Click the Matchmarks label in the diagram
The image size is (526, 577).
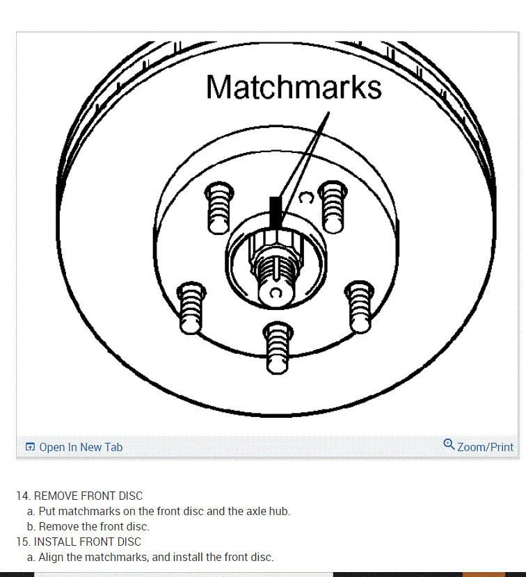294,88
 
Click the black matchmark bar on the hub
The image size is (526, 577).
276,211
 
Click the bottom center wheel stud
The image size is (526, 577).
276,346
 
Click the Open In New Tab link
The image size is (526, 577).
81,447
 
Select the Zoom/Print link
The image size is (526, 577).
485,447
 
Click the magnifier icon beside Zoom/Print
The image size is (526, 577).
449,444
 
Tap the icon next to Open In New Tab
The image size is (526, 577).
30,447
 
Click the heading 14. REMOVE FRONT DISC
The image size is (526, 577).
79,496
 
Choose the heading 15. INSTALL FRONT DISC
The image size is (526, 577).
79,542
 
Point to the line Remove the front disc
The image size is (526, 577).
94,526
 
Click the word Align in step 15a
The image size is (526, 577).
51,557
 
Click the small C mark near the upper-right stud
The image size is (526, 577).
305,198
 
